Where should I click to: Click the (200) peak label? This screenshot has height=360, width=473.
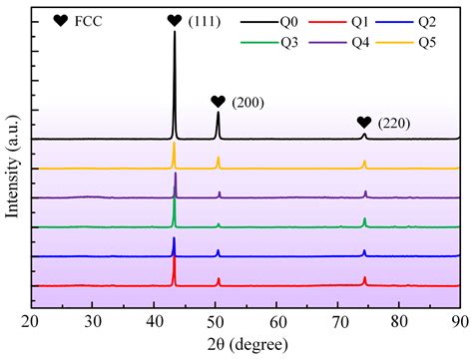pyautogui.click(x=246, y=102)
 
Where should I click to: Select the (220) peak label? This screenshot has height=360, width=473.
pyautogui.click(x=394, y=123)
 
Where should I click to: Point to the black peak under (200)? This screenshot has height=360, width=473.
pyautogui.click(x=218, y=116)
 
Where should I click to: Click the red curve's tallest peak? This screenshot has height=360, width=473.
pyautogui.click(x=175, y=259)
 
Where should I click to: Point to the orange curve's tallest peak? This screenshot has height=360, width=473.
pyautogui.click(x=174, y=146)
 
